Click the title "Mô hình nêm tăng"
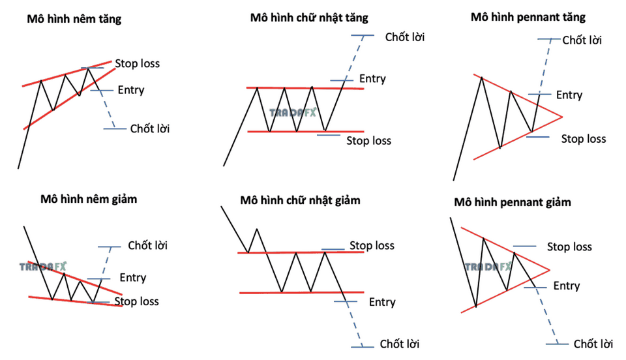coord(74,19)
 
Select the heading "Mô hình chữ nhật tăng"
coord(309,18)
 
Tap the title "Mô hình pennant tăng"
coord(528,17)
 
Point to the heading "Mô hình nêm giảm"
coord(89,199)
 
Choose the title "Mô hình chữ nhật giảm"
coord(300,200)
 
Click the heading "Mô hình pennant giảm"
coord(513,202)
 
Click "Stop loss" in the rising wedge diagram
coord(138,63)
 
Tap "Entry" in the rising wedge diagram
coord(131,90)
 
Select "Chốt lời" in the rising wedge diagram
coord(150,128)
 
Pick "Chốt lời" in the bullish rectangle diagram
coord(405,37)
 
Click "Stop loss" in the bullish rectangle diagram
coord(368,140)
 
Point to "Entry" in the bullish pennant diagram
coord(569,95)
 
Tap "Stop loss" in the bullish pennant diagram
coord(584,139)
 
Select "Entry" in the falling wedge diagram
coord(133,278)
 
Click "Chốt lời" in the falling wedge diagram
coord(148,245)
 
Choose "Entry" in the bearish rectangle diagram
coord(382,302)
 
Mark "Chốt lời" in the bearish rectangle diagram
coord(400,344)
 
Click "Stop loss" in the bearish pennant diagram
coord(569,247)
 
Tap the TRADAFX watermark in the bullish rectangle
coord(293,113)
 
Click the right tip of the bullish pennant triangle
coord(562,117)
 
